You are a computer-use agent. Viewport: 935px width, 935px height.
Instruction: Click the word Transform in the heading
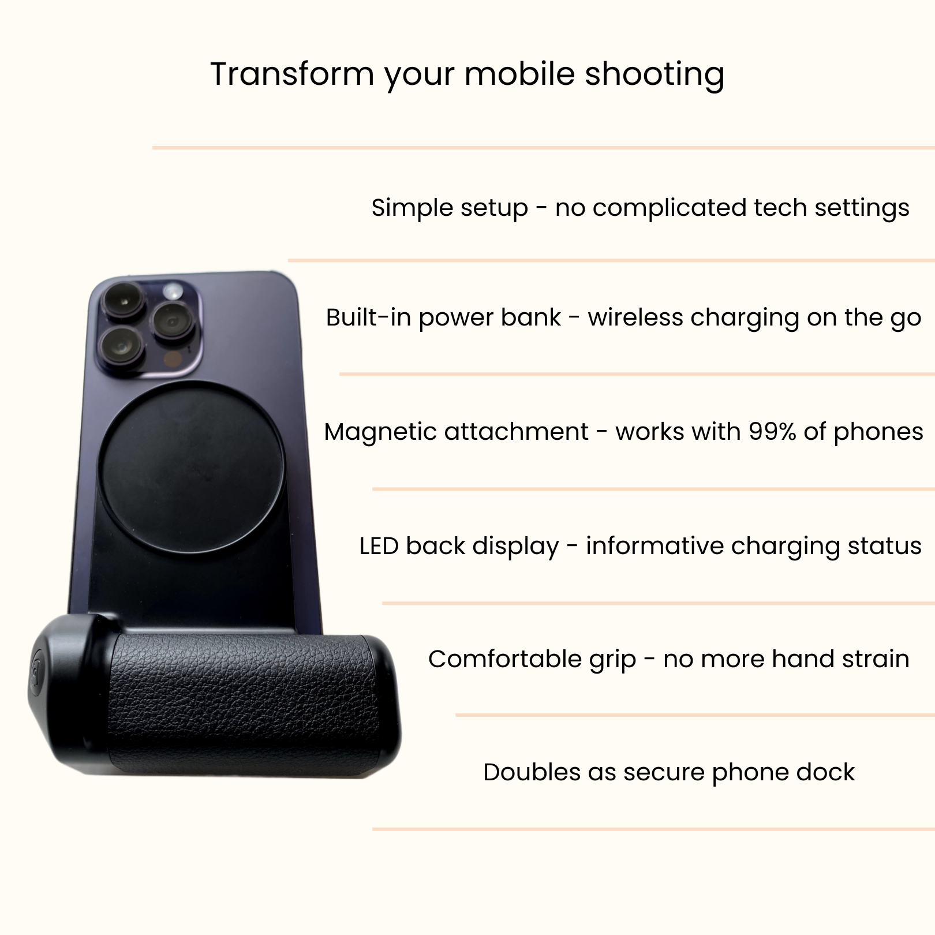coord(293,74)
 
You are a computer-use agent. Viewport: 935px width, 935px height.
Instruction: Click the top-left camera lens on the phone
coord(124,299)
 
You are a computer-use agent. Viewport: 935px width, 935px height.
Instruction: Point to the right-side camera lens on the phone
coord(172,321)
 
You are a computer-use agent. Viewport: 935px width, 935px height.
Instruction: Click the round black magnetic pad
coord(190,466)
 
